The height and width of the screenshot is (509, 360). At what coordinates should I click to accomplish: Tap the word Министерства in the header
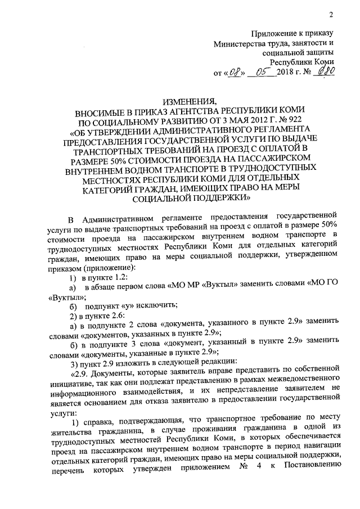click(x=238, y=43)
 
